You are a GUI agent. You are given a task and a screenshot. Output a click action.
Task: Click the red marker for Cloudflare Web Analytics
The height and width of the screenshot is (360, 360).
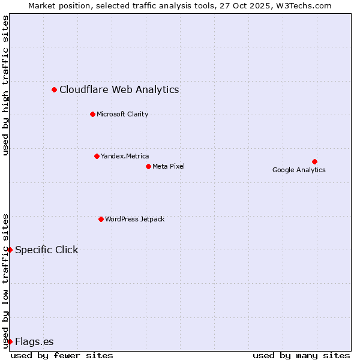click(54, 89)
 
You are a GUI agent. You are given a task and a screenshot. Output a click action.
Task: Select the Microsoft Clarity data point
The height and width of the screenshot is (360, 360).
click(92, 114)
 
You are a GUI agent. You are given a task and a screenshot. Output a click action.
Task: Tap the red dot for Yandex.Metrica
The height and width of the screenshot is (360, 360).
click(97, 156)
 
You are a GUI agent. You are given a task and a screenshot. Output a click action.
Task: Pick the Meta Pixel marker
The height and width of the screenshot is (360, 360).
click(148, 166)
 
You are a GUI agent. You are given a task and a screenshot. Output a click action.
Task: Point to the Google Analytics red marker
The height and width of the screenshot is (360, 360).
click(314, 161)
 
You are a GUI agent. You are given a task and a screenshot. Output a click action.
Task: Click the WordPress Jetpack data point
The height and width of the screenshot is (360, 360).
click(101, 219)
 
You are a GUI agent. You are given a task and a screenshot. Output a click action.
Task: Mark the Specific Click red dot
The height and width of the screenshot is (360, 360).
click(10, 250)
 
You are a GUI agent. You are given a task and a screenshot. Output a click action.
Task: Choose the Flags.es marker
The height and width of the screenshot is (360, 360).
click(10, 341)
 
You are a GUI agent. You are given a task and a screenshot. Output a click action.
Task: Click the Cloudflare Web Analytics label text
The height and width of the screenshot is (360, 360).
click(119, 89)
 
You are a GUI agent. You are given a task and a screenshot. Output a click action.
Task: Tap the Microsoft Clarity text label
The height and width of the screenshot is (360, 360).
click(122, 114)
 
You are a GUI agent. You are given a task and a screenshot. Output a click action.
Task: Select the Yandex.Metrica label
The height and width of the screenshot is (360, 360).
click(125, 156)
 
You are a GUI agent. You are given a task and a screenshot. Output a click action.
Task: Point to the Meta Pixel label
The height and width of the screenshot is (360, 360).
click(169, 166)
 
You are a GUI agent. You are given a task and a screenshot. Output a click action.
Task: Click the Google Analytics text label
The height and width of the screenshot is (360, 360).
click(299, 170)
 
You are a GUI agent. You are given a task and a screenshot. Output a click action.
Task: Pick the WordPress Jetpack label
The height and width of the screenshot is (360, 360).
click(134, 219)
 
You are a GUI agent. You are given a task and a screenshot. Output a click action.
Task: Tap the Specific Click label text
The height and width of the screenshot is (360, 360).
click(46, 250)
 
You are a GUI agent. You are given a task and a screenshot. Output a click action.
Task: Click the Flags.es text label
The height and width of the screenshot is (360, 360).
click(34, 341)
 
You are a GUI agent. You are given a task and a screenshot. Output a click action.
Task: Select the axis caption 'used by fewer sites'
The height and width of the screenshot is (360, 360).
click(62, 355)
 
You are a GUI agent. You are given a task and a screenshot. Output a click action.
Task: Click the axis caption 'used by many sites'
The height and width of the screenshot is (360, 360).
click(301, 355)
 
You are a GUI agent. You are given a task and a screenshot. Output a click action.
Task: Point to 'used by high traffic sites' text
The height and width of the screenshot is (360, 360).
click(6, 85)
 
